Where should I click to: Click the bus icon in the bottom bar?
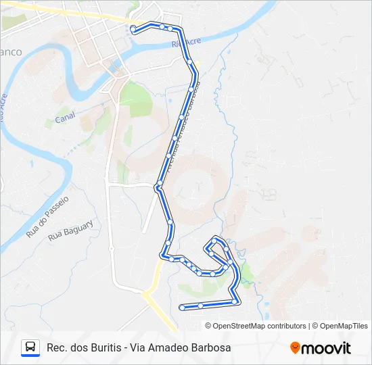point(30,347)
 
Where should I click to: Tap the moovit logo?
point(321,348)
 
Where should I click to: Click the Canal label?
point(65,117)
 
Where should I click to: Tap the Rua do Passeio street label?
point(48,216)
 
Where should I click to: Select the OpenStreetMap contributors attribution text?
point(259,326)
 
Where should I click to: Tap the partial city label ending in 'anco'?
point(11,52)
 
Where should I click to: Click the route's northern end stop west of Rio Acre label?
point(133,29)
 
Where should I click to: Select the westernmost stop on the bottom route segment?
point(182,308)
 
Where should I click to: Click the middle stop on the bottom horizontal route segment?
point(201,306)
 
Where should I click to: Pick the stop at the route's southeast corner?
point(235,302)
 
